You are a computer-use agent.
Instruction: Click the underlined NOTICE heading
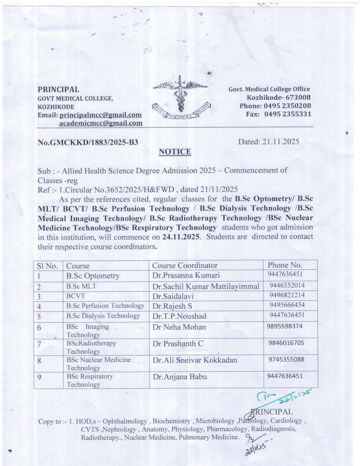[175, 152]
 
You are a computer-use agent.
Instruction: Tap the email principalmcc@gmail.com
[101, 115]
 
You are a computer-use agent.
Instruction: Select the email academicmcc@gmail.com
[101, 123]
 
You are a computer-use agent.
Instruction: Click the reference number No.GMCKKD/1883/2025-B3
[88, 142]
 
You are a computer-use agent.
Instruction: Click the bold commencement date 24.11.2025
[181, 237]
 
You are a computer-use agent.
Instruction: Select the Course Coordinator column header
[185, 265]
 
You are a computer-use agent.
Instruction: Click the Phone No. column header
[285, 265]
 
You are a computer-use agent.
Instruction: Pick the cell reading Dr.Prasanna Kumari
[186, 275]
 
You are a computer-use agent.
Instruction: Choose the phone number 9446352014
[287, 285]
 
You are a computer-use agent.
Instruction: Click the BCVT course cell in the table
[76, 296]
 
